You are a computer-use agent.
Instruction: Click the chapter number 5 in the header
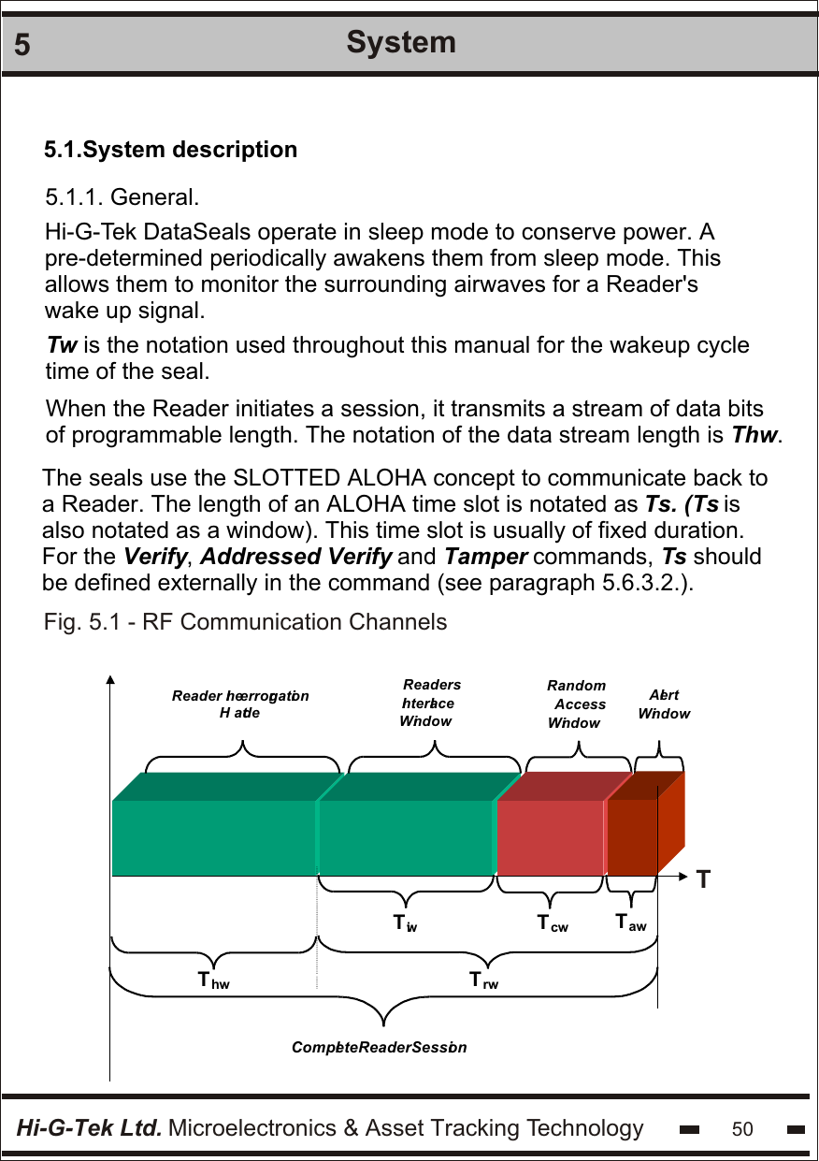point(22,45)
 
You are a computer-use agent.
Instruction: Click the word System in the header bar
point(401,42)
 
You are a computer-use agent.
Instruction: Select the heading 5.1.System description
point(171,150)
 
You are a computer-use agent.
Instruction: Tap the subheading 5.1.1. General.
point(122,198)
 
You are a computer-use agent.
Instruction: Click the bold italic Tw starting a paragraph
point(63,345)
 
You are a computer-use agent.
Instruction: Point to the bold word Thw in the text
point(754,435)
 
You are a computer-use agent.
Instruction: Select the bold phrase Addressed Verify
point(296,558)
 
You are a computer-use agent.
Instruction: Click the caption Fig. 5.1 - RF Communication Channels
point(245,622)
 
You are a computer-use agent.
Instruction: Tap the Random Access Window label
point(576,704)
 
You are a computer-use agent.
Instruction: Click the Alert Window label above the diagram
point(664,704)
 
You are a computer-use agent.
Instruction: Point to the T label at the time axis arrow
point(703,879)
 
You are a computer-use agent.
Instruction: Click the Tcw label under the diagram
point(553,924)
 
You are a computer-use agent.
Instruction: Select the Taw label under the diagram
point(631,923)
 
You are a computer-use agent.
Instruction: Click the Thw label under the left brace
point(213,981)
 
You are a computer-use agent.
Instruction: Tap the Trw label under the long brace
point(483,981)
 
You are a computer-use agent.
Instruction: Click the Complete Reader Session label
point(379,1047)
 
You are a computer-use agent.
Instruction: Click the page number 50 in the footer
point(742,1129)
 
